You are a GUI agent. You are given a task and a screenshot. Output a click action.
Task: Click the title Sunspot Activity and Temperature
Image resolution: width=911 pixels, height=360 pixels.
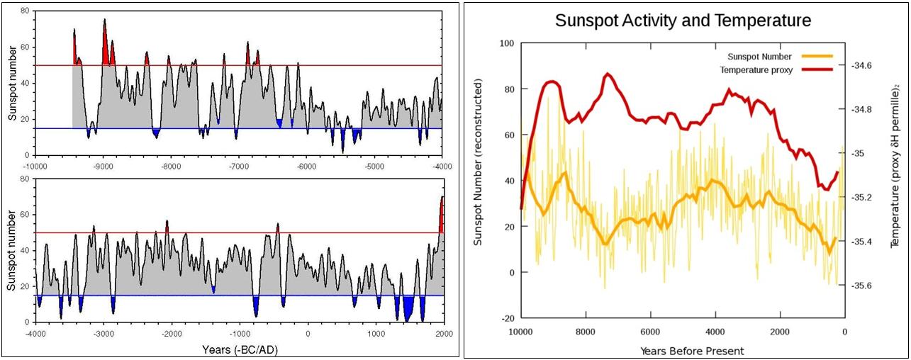(683, 21)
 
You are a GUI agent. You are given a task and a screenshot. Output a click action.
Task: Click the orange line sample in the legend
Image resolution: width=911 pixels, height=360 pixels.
(817, 57)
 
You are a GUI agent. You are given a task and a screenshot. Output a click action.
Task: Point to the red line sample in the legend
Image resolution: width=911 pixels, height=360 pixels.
(817, 70)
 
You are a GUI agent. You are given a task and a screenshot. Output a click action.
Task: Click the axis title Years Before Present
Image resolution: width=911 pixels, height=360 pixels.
(682, 350)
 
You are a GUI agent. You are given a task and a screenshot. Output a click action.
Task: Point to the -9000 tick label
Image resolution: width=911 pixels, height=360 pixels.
(103, 167)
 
